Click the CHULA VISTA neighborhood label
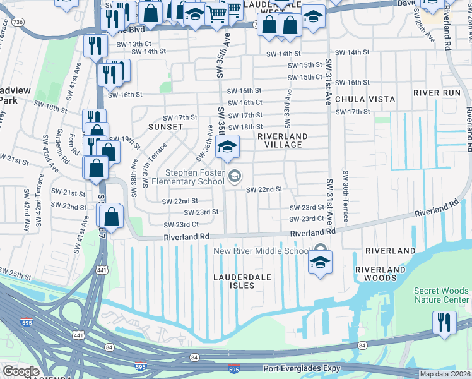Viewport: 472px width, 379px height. tap(365, 99)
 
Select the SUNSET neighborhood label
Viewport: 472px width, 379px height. tap(165, 127)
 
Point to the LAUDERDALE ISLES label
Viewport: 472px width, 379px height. tap(242, 281)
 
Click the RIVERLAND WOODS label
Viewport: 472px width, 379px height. tap(379, 274)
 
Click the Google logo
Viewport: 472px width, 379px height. tap(21, 371)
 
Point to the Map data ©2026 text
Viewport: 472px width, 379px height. tap(445, 374)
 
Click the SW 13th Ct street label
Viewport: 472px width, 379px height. tap(132, 44)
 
